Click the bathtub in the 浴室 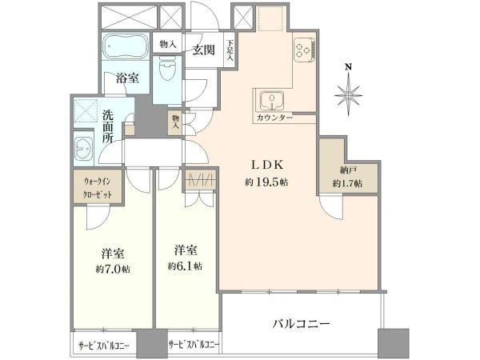[x=125, y=46]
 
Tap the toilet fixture [x=167, y=68]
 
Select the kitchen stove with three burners [x=304, y=50]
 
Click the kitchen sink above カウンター [x=271, y=100]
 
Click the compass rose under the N [x=348, y=96]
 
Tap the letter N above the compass [x=348, y=67]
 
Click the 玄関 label [x=203, y=50]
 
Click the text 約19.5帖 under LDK [x=266, y=182]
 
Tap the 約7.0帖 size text [x=112, y=270]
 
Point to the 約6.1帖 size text [x=185, y=266]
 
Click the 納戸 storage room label [x=347, y=170]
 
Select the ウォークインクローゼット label [x=98, y=188]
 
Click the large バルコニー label [x=302, y=323]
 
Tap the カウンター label [x=274, y=118]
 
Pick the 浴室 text [x=127, y=78]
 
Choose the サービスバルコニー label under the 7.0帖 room [x=104, y=346]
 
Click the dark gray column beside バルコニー [x=394, y=342]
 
